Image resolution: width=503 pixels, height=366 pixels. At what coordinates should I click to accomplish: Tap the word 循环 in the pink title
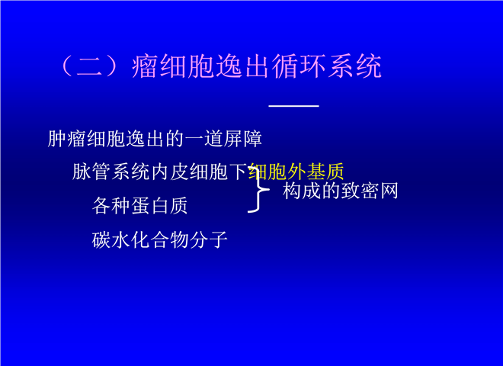click(300, 66)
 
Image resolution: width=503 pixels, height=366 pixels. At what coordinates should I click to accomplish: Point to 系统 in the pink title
click(355, 66)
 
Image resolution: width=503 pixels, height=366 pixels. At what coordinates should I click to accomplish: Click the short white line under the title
click(294, 106)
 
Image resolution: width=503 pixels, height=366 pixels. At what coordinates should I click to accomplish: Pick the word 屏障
click(243, 139)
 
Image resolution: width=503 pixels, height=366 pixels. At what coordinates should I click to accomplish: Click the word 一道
click(204, 139)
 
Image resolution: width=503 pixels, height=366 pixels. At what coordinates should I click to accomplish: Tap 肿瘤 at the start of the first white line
click(67, 139)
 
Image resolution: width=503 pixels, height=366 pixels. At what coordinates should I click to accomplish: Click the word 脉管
click(91, 172)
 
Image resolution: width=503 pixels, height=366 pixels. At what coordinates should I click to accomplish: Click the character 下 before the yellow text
click(239, 172)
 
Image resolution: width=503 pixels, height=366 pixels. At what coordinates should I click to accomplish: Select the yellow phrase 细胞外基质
click(296, 172)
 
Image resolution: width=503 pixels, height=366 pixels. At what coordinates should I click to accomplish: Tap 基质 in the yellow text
click(325, 172)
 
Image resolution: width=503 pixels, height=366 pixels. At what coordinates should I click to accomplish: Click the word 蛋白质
click(159, 206)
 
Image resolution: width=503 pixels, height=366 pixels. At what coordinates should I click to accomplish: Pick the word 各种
click(111, 206)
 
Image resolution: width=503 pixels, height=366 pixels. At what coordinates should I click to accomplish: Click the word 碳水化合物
click(140, 240)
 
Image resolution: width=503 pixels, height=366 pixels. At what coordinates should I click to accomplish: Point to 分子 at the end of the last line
click(209, 240)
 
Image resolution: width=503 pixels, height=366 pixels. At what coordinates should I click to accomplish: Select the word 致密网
click(370, 191)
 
